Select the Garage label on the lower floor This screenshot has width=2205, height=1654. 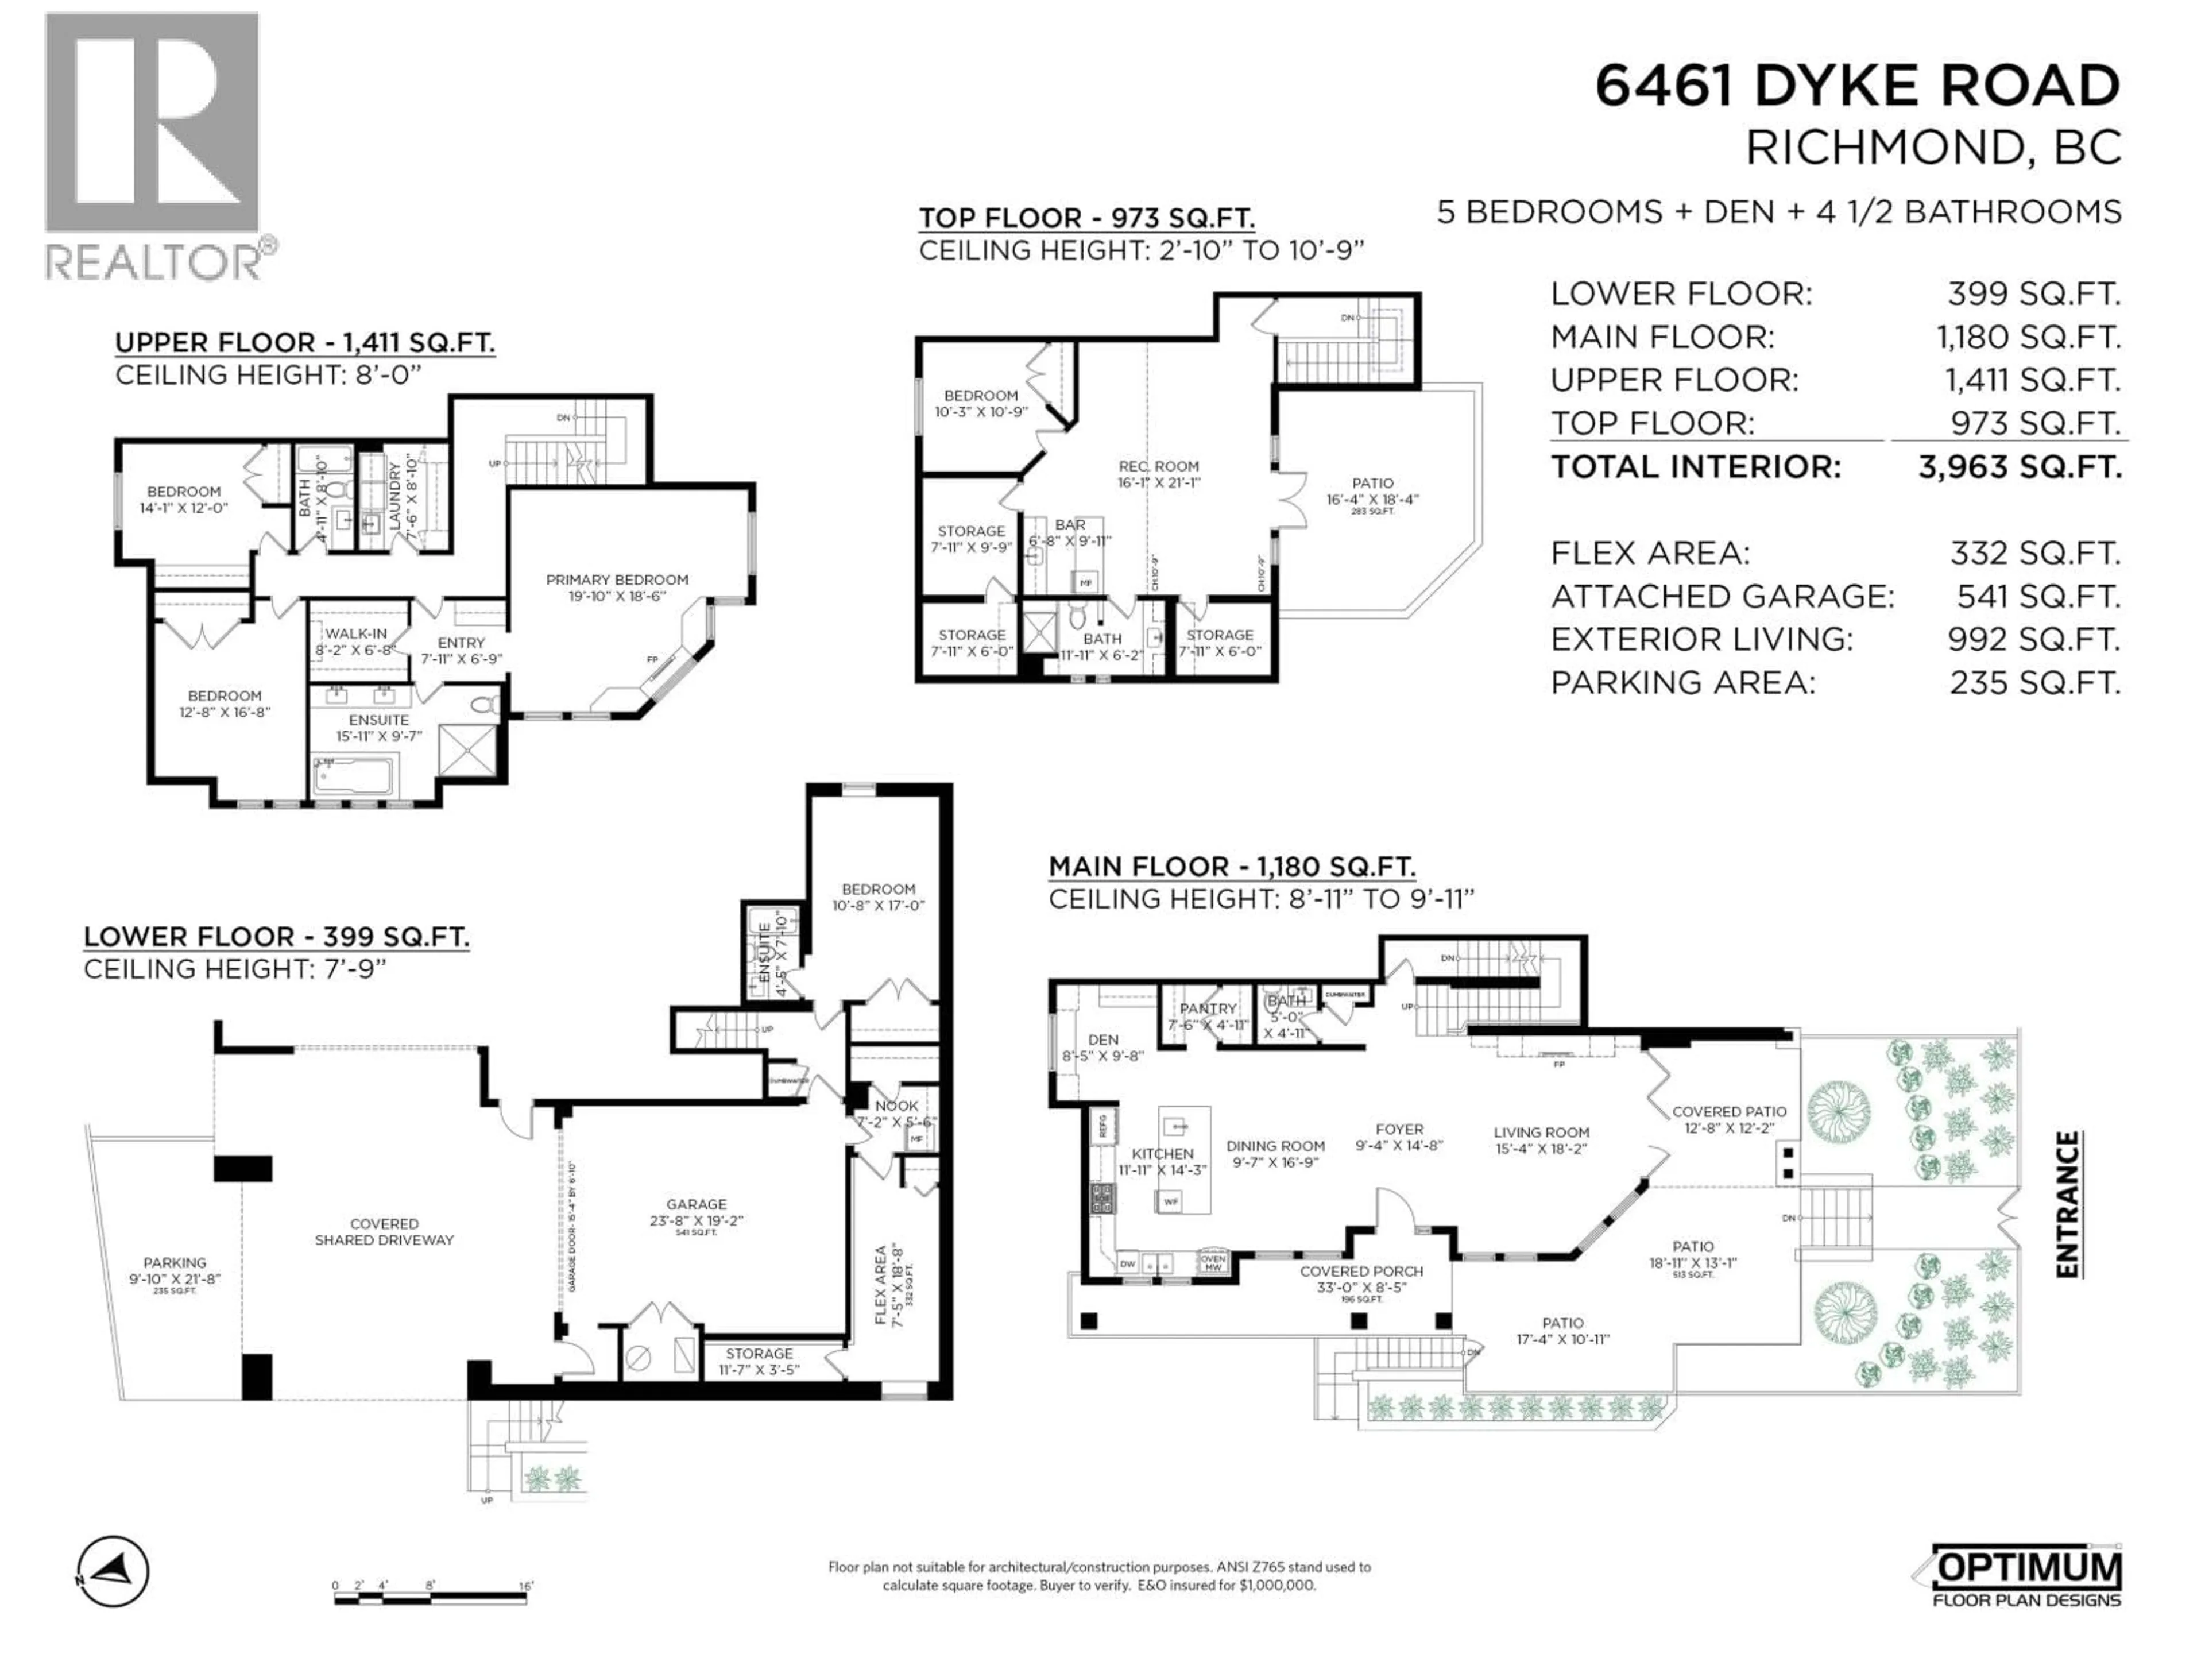tap(696, 1204)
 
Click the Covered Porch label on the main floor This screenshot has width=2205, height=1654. tap(1361, 1271)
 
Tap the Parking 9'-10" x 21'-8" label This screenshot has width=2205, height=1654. tap(175, 1263)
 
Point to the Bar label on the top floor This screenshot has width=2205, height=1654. tap(1070, 524)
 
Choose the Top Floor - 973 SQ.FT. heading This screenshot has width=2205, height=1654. tap(1085, 218)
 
